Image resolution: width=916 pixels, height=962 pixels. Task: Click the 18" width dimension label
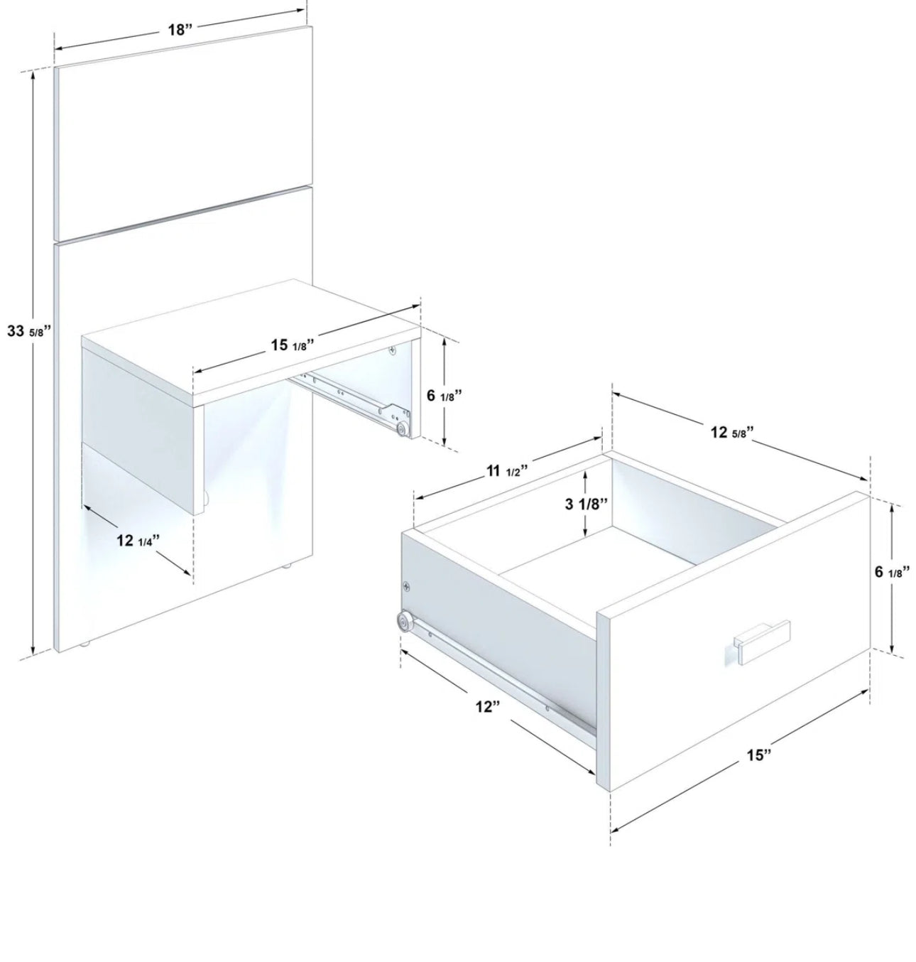(180, 30)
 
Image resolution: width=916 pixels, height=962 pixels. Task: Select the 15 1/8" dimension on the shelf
(292, 345)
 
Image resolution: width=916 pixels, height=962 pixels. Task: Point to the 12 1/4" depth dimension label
(138, 541)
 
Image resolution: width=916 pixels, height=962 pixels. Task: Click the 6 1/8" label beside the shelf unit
(444, 395)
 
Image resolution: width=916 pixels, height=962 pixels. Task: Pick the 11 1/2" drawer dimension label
(507, 471)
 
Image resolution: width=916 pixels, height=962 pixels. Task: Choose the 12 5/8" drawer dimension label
(731, 432)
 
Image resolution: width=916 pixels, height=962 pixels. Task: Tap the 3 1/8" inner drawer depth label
(586, 504)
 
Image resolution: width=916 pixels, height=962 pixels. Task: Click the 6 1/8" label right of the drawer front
(892, 571)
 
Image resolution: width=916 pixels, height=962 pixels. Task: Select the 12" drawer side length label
(488, 706)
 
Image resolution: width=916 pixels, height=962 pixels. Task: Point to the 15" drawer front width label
(758, 755)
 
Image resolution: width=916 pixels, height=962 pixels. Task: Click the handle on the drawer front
(761, 640)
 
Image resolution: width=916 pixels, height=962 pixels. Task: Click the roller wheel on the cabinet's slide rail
(403, 429)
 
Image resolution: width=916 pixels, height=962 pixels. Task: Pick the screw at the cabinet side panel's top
(392, 350)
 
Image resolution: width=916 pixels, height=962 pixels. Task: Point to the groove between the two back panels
(184, 214)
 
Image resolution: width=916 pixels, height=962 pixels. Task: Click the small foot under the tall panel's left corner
(84, 645)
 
